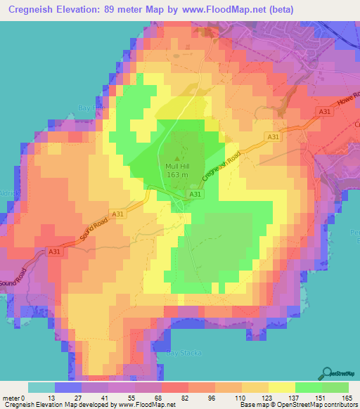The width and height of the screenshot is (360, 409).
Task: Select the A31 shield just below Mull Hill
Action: point(195,194)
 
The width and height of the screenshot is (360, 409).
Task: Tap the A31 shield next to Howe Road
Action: point(324,112)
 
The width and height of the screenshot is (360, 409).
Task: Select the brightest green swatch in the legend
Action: point(308,387)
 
